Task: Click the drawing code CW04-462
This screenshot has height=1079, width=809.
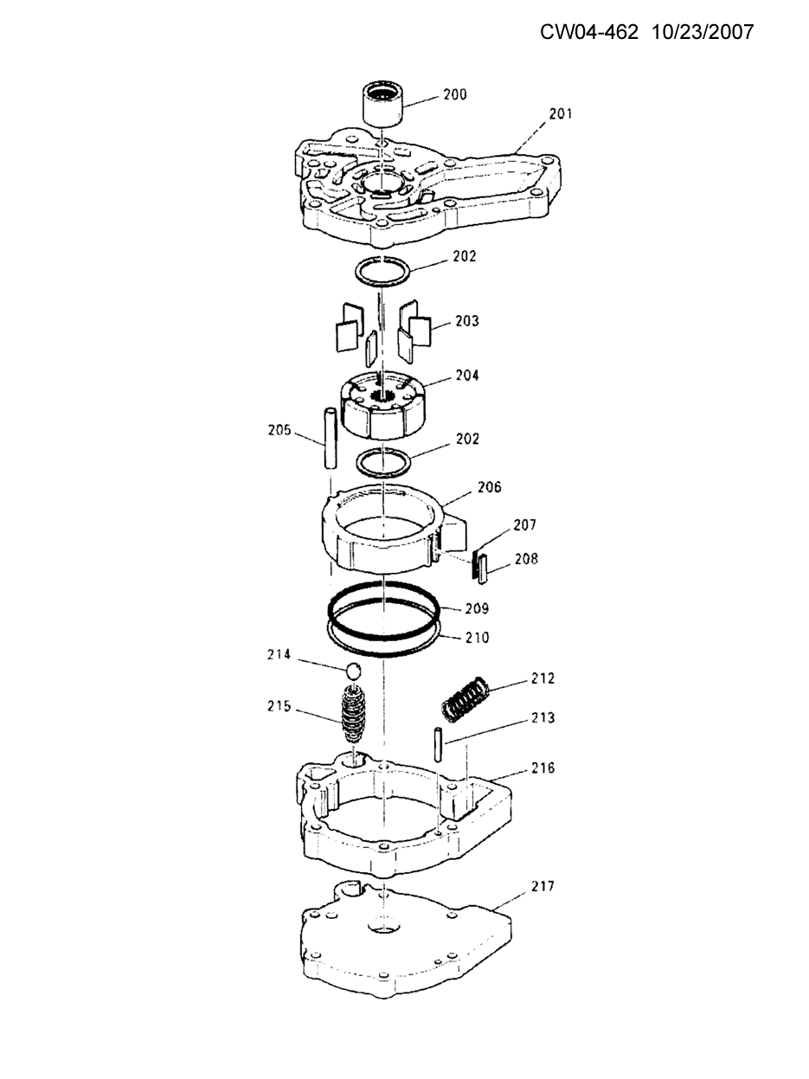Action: tap(589, 32)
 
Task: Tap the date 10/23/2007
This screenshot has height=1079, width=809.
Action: tap(703, 32)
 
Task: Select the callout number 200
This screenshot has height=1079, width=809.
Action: tap(454, 94)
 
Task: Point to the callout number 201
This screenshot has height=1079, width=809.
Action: tap(561, 114)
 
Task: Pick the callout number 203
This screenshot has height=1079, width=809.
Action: tap(466, 321)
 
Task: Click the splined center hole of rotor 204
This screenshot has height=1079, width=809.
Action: tap(383, 395)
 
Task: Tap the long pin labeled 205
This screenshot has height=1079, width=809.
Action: tap(330, 438)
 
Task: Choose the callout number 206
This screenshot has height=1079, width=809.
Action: tap(490, 487)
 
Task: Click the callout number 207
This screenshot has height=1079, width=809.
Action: tap(524, 525)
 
